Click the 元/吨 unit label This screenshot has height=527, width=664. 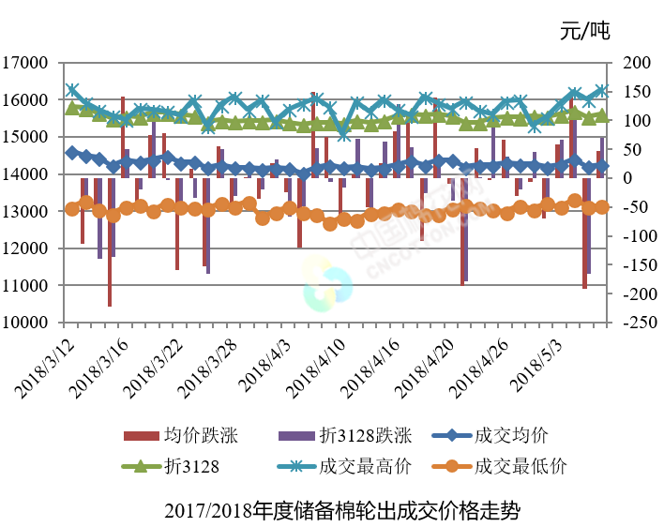click(x=584, y=31)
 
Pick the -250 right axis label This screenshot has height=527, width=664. click(x=634, y=322)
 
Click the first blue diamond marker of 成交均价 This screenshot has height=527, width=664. click(x=72, y=152)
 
